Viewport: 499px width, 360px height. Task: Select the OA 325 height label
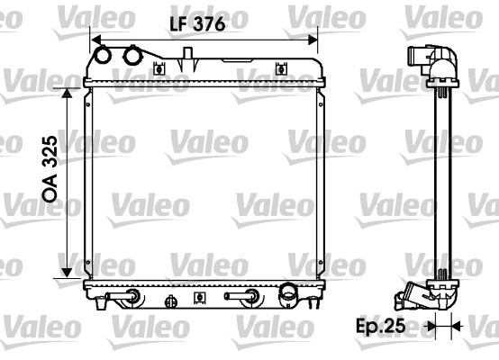pos(51,173)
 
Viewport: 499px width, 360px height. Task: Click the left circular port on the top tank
pos(104,56)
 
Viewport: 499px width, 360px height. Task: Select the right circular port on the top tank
pos(134,56)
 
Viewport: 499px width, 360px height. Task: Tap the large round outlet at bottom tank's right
pos(287,292)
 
